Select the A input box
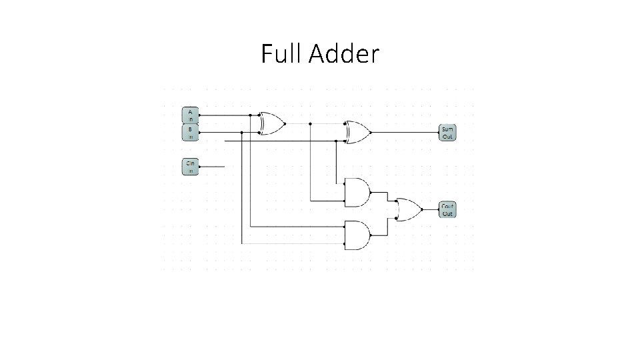(190, 114)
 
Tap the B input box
(190, 133)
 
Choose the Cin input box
(190, 166)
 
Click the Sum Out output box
(447, 132)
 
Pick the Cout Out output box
(447, 210)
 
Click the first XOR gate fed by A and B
(271, 123)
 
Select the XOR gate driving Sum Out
(357, 132)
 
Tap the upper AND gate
(357, 193)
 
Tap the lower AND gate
(357, 235)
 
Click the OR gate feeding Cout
(407, 211)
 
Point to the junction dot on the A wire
(250, 115)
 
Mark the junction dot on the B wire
(241, 132)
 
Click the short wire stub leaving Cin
(213, 167)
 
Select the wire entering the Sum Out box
(407, 132)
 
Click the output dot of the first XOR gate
(285, 123)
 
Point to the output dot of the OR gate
(422, 211)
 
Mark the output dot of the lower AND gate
(371, 235)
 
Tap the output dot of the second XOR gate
(371, 132)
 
